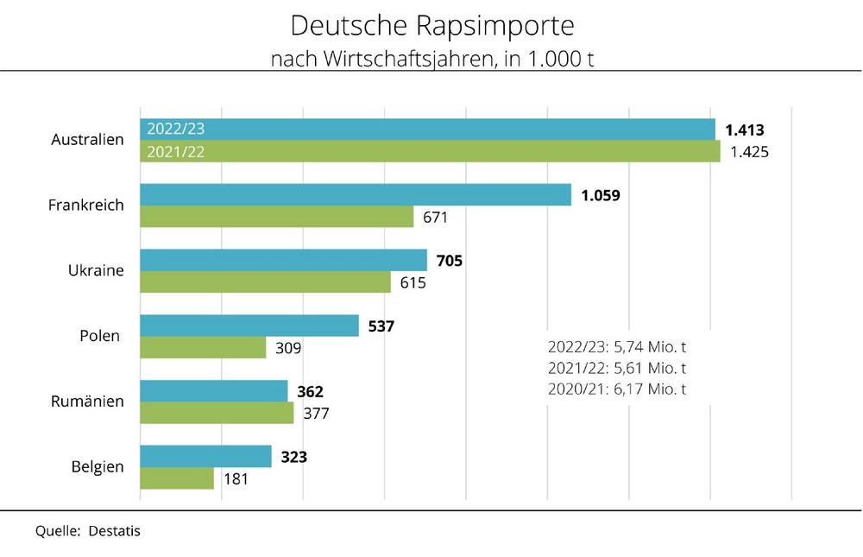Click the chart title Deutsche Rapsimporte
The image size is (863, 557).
[431, 25]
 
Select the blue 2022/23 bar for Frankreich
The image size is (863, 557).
[356, 194]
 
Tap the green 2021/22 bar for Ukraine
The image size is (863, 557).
[265, 282]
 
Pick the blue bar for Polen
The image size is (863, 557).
[249, 326]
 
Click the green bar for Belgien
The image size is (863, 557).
[177, 478]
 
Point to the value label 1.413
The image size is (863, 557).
[745, 130]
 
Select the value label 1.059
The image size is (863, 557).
[601, 195]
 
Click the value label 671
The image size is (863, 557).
[435, 218]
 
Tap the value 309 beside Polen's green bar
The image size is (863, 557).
[287, 348]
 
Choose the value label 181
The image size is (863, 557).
[236, 478]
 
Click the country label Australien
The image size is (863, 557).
[87, 140]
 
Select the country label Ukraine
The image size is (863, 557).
[96, 270]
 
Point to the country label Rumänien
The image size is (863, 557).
[87, 402]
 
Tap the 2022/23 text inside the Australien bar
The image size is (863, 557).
[177, 130]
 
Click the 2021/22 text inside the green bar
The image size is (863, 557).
[177, 152]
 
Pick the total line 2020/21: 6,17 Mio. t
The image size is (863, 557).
[617, 389]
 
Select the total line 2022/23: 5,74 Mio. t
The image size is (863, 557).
[617, 347]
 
